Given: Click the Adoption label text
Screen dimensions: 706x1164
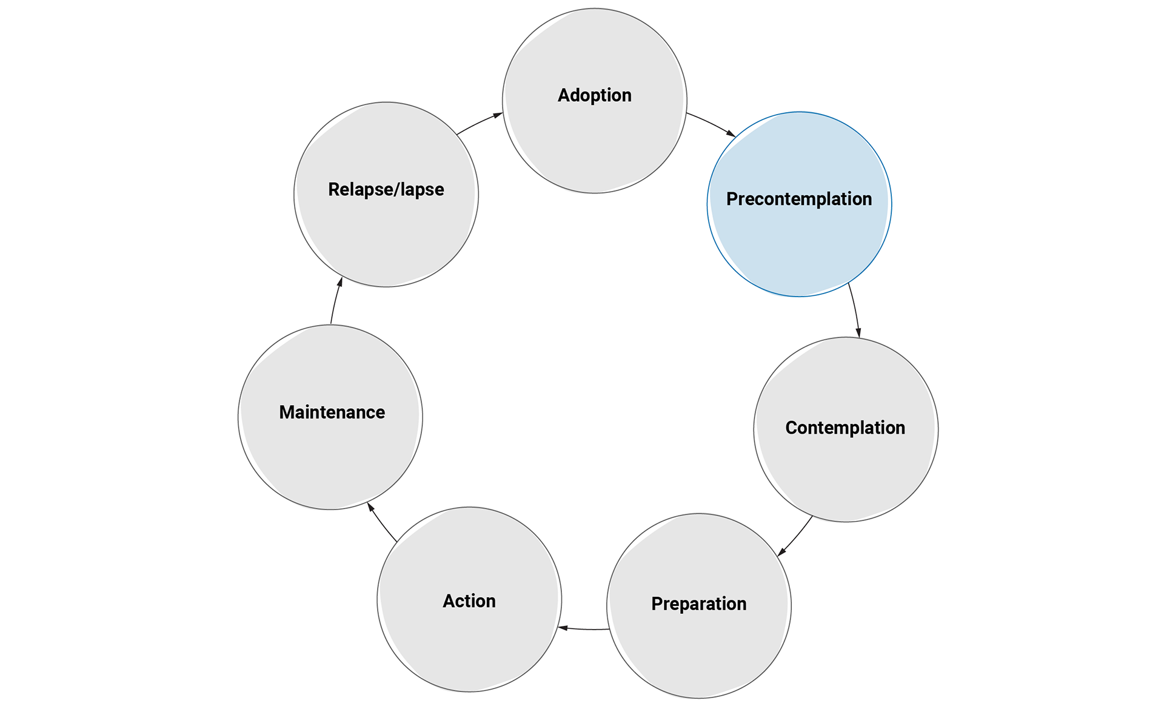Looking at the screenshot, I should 594,95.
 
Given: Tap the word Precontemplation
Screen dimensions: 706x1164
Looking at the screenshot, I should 799,199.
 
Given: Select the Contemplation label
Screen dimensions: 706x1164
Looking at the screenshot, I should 845,428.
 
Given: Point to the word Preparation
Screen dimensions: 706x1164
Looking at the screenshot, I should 699,603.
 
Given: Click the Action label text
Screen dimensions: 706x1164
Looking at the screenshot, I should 469,601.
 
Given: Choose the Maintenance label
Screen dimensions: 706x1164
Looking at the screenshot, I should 332,412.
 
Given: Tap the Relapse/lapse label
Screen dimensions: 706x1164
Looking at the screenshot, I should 386,189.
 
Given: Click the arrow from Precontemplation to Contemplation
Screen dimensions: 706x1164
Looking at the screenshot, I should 854,311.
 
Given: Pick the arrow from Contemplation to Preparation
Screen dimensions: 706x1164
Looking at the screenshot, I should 795,537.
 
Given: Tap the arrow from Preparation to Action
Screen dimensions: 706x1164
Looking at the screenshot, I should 584,628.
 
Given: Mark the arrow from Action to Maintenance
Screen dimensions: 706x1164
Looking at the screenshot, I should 382,522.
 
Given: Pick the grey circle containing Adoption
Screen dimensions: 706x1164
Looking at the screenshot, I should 594,146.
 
